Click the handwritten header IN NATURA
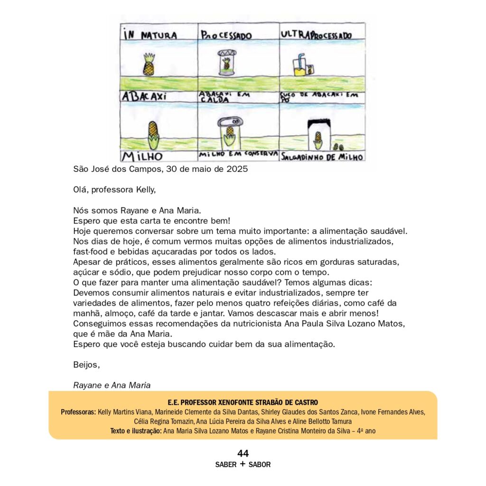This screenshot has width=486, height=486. point(150,35)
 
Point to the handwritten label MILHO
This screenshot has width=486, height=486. point(142,156)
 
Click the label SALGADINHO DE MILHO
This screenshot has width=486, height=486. point(322,157)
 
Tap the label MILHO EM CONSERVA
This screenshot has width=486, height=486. point(237,155)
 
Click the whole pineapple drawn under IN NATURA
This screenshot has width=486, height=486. point(149,65)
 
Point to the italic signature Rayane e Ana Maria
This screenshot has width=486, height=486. point(112,385)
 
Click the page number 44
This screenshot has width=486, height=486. point(243,453)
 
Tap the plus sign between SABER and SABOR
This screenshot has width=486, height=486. point(243,464)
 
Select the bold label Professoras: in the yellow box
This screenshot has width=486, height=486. point(78,412)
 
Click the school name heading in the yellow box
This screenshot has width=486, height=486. point(243,402)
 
